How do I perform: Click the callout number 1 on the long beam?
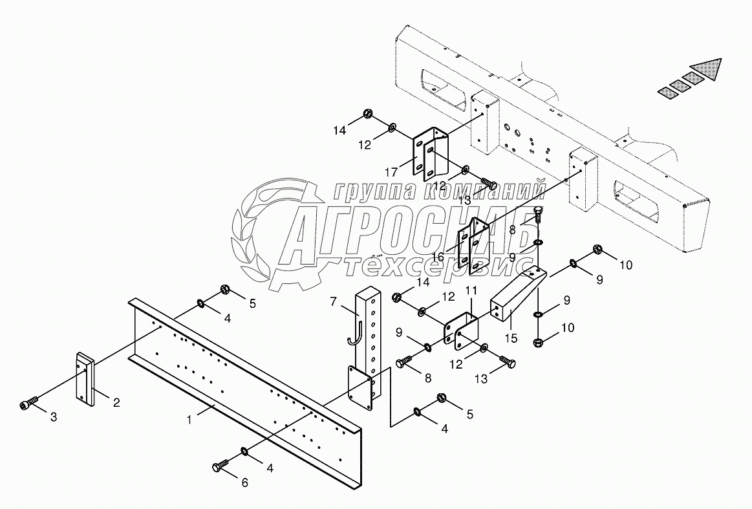[x=189, y=419]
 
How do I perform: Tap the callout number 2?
[x=116, y=403]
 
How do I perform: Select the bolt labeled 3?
[x=27, y=405]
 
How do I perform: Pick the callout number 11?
[x=471, y=292]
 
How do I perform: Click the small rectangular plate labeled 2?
[x=87, y=379]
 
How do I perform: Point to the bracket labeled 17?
[x=429, y=157]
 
